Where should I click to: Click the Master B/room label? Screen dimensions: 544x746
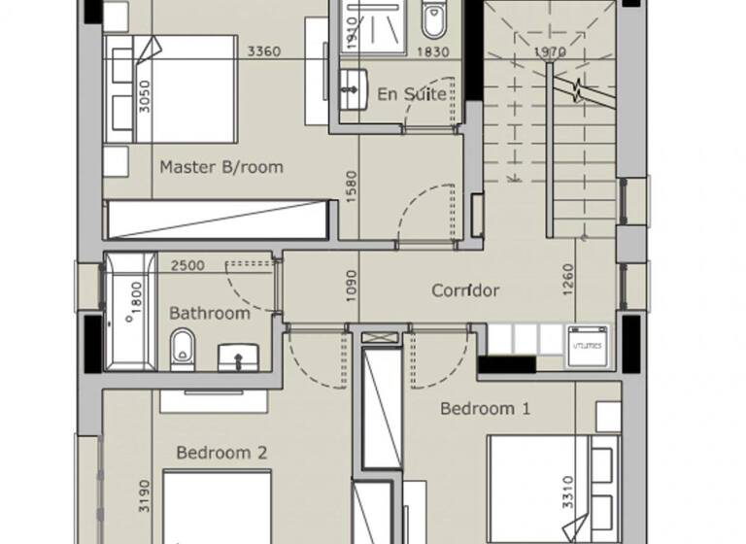[221, 167]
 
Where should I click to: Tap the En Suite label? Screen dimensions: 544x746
[412, 94]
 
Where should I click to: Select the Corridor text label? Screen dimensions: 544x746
[465, 290]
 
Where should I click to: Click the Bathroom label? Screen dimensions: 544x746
[209, 314]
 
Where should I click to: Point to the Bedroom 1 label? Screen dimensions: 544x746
[485, 409]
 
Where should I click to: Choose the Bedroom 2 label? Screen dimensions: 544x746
[221, 453]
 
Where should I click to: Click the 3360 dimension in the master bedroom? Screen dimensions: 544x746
[264, 52]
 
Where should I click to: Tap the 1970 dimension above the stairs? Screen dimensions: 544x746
[549, 52]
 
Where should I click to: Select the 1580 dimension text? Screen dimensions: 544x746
[352, 187]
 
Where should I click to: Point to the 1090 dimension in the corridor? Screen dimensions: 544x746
[352, 289]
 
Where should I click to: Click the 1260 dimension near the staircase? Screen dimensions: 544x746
[568, 281]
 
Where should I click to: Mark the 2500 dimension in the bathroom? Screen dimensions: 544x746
[186, 265]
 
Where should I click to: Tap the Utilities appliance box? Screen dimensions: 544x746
[588, 345]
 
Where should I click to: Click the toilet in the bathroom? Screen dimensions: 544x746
[182, 350]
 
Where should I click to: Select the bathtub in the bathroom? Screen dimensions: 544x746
[129, 311]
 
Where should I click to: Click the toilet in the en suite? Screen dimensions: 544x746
[432, 21]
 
